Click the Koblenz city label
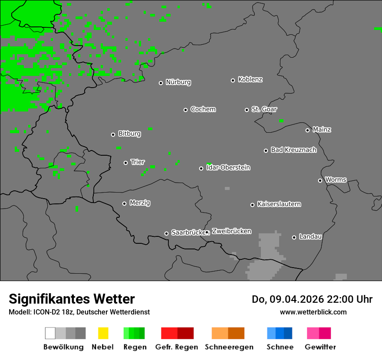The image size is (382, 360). point(250,79)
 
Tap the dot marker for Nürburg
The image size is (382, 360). point(161,83)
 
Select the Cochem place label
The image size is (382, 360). point(203,109)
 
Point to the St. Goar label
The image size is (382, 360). point(264,109)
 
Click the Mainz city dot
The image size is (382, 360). point(307,130)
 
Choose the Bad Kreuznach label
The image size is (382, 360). point(293,150)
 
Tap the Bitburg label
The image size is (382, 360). point(129,134)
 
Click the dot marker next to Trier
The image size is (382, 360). point(125,163)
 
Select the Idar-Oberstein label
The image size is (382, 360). point(228,167)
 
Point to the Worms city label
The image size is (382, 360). point(336,180)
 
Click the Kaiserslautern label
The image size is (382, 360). point(279,204)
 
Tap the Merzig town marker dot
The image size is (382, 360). point(124,203)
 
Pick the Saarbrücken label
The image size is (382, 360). point(188,232)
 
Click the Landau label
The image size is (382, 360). point(310,237)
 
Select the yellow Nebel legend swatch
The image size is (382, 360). point(103,333)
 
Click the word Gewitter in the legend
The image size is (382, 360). point(320,347)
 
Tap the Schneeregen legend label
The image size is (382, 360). point(229,347)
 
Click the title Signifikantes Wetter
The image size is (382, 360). point(72,299)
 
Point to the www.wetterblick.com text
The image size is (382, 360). point(313,312)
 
